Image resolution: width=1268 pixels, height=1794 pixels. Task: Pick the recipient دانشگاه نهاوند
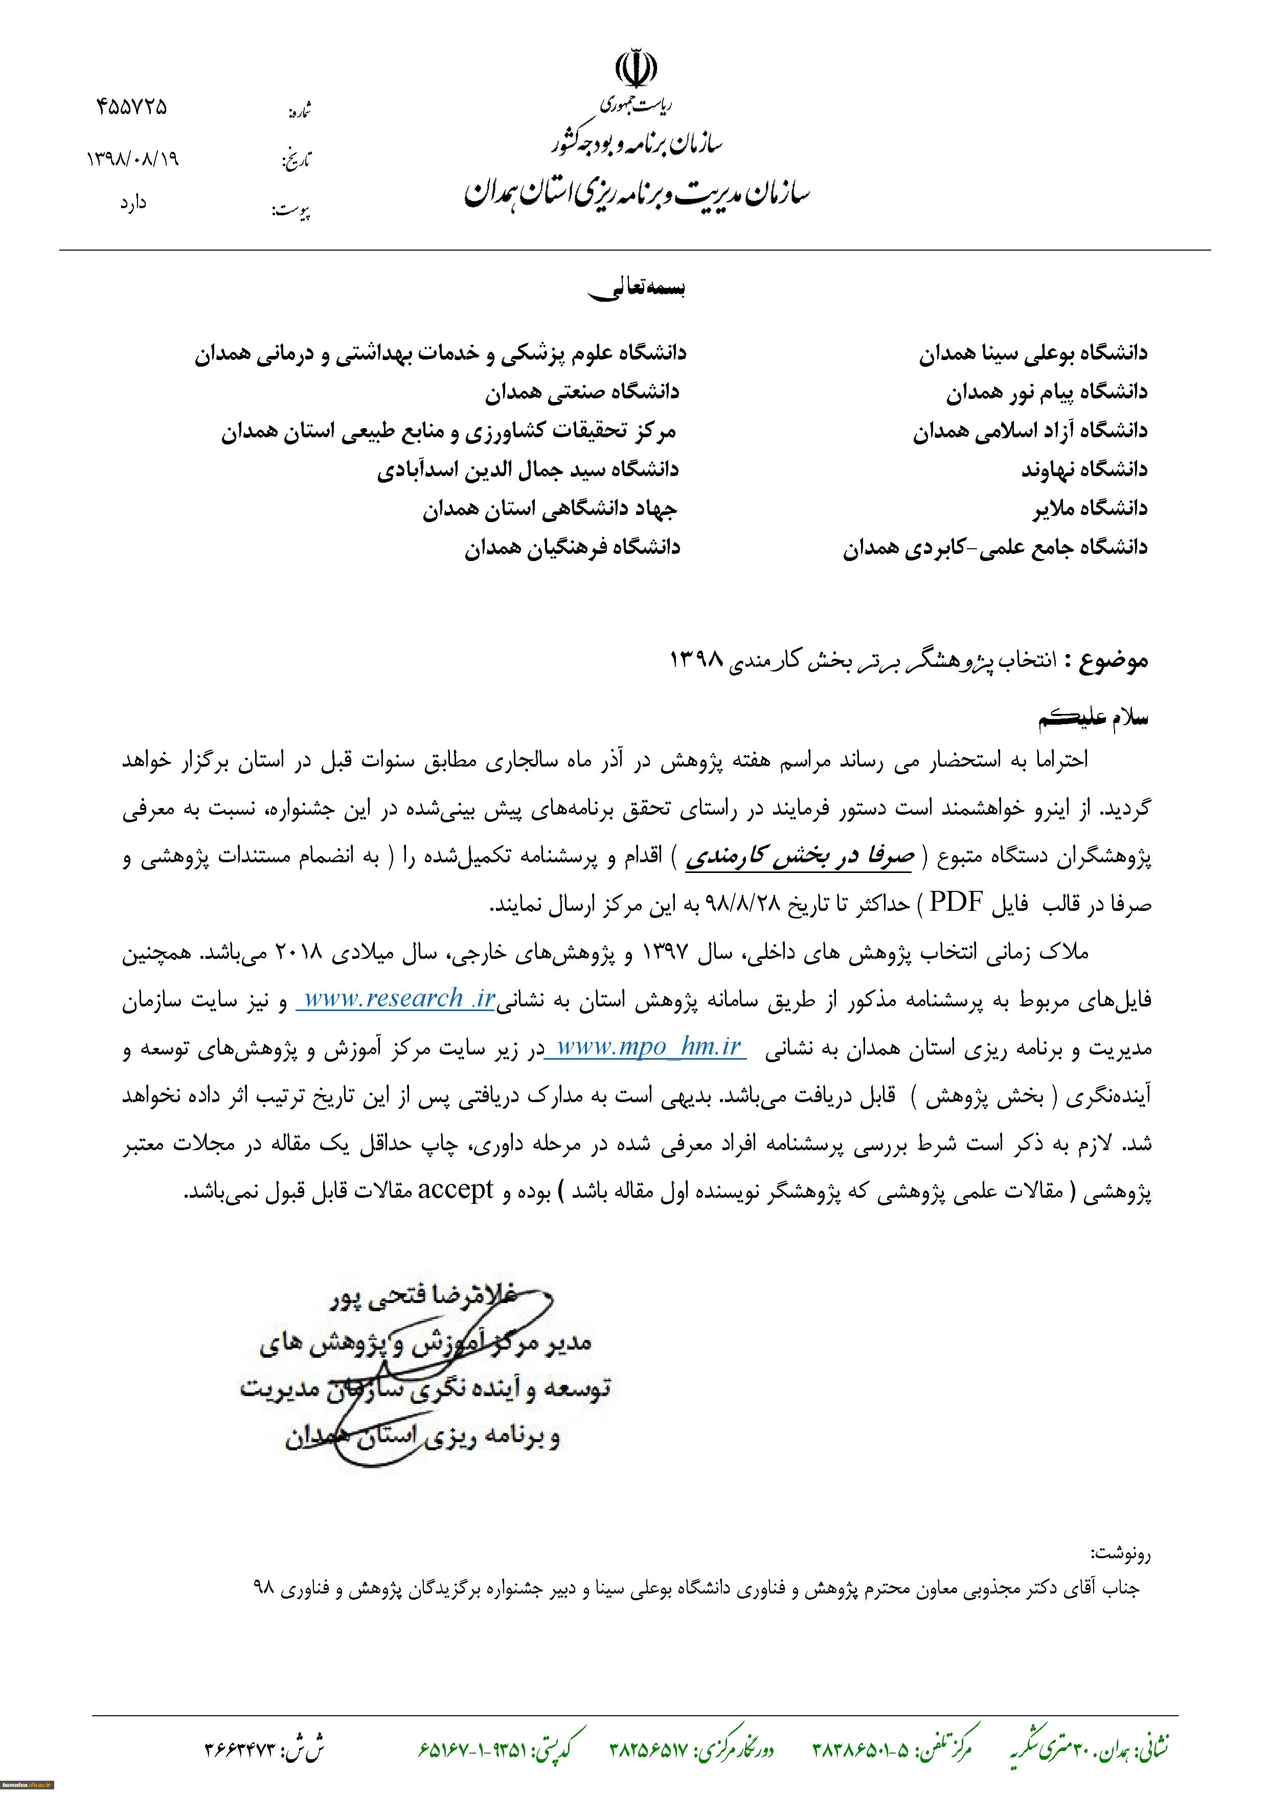pos(1084,469)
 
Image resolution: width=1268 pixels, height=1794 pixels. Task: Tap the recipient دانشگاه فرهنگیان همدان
pos(572,548)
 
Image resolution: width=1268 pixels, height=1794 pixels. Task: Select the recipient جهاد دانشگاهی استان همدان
pos(550,509)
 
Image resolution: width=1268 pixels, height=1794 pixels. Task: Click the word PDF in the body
pos(955,903)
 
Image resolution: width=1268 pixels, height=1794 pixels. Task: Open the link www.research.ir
pos(398,999)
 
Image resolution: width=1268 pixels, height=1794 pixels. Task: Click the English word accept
pos(456,1190)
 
